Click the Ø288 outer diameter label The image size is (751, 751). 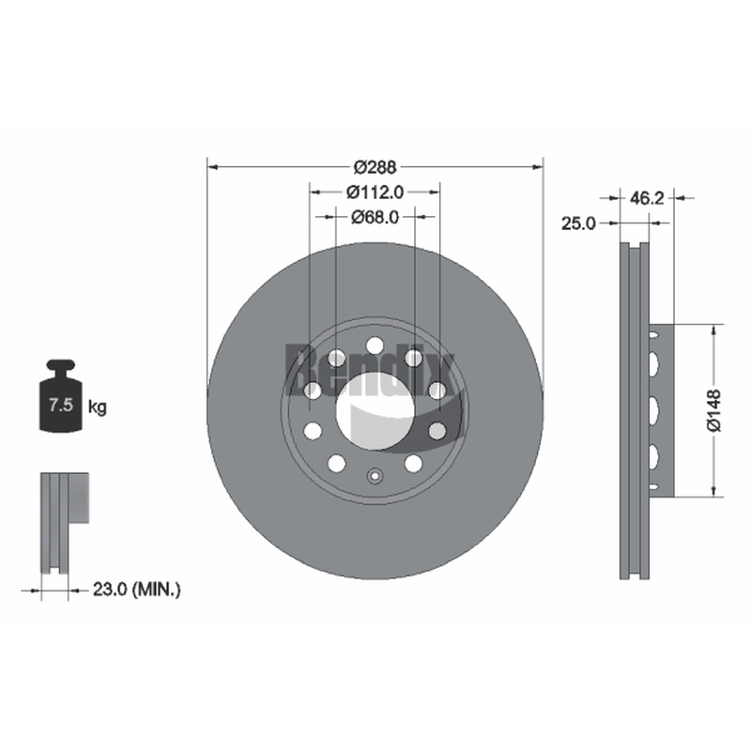[x=375, y=167]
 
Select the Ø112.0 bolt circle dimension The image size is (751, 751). [x=375, y=192]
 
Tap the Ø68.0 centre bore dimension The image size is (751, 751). [x=375, y=217]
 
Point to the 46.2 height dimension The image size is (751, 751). [x=647, y=197]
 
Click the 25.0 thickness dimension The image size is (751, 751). [x=578, y=222]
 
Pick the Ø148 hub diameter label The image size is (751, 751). [x=713, y=410]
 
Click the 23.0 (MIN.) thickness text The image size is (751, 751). [x=136, y=590]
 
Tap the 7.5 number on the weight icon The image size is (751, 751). [x=61, y=406]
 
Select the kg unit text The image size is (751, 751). [x=98, y=407]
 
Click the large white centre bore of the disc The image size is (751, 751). [x=375, y=411]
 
